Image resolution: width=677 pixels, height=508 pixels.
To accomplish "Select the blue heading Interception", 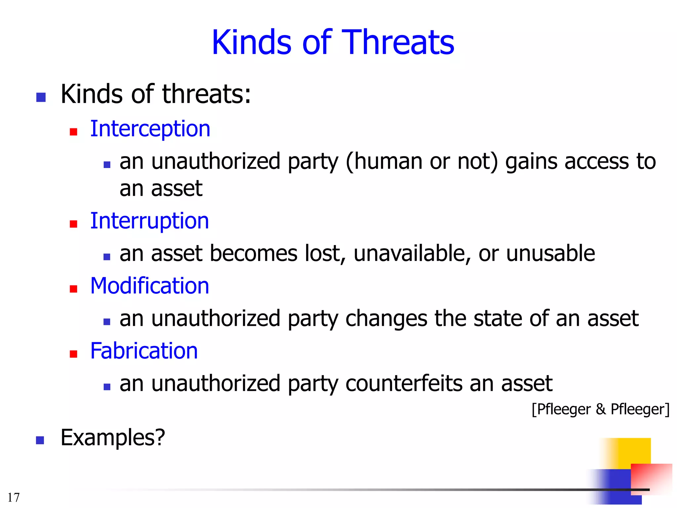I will (150, 129).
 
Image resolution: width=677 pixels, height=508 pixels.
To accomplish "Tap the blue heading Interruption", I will (149, 221).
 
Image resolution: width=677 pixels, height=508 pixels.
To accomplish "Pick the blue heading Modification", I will (149, 286).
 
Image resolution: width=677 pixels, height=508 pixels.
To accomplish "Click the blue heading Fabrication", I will (144, 351).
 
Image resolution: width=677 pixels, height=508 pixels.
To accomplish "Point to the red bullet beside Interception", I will (73, 132).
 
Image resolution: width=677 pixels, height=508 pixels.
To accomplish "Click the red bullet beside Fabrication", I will (73, 354).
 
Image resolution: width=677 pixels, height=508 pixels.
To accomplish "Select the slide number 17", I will (14, 497).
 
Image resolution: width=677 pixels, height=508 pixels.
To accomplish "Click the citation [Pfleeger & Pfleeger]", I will (600, 409).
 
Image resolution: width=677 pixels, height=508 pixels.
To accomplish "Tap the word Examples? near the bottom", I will (113, 438).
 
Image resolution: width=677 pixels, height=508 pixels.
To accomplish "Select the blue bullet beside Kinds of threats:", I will (41, 97).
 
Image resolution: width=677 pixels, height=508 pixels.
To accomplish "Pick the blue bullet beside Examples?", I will (40, 440).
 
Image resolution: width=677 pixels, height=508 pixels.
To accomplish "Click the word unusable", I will (550, 254).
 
